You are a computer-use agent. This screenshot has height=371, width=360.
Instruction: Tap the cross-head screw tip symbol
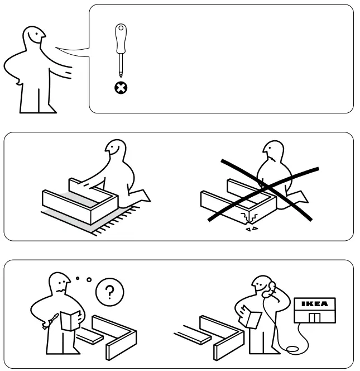(x=119, y=88)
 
